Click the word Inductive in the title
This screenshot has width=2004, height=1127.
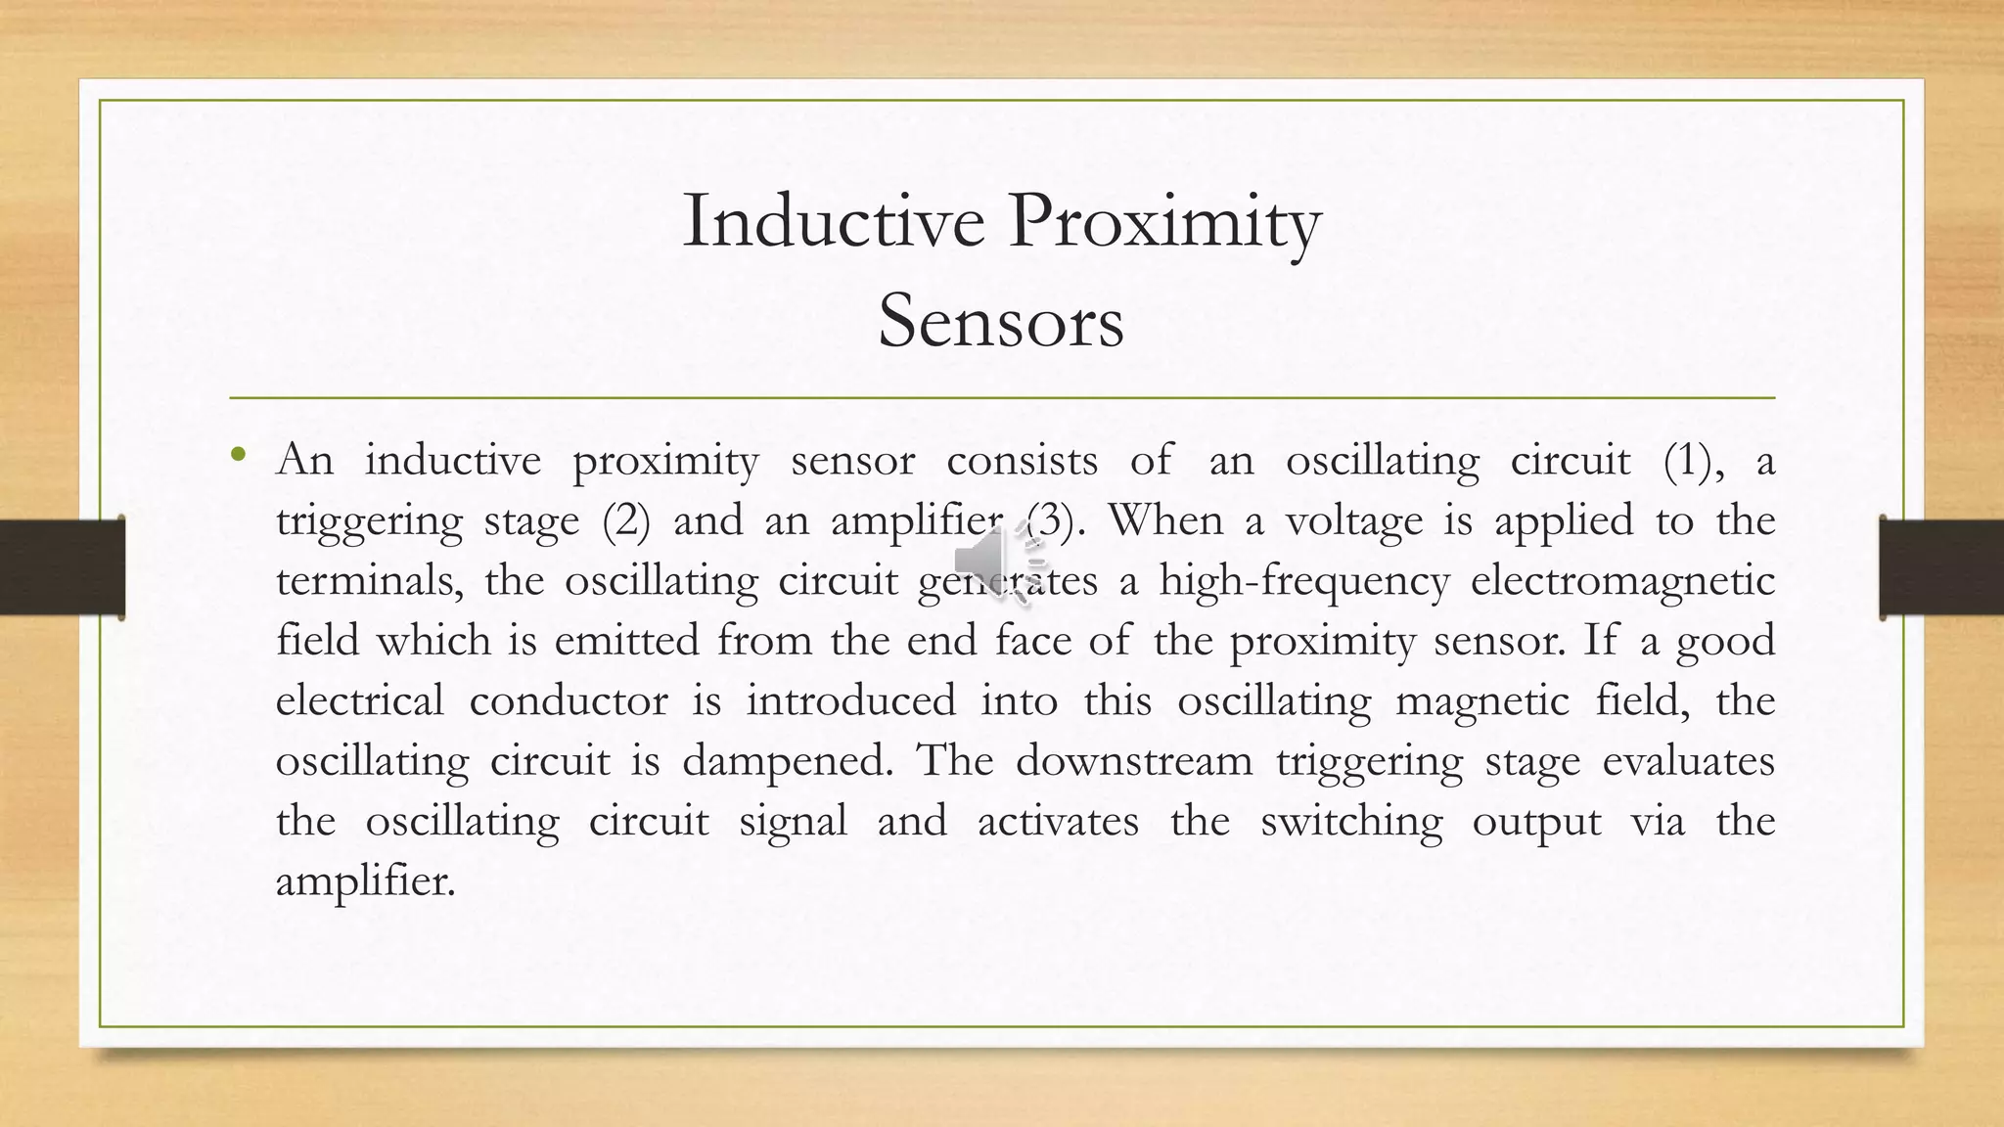click(833, 221)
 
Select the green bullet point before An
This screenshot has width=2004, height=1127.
click(238, 454)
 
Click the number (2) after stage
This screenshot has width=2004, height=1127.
click(626, 520)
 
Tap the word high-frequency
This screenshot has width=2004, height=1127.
click(1303, 581)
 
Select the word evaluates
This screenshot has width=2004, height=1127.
click(1688, 760)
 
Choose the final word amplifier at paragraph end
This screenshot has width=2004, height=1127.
click(364, 881)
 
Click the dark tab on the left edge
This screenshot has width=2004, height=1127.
click(62, 567)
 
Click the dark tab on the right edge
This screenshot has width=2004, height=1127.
click(1941, 567)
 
